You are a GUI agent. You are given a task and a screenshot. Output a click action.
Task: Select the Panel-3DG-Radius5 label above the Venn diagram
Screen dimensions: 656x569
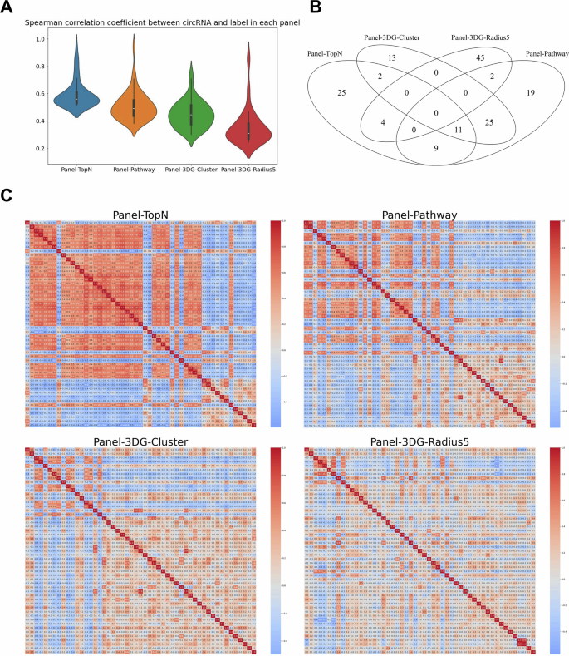click(x=487, y=38)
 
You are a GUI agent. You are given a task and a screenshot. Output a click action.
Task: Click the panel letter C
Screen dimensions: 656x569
click(x=7, y=196)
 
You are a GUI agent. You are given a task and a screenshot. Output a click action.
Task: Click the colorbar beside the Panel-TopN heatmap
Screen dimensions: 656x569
click(x=275, y=323)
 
